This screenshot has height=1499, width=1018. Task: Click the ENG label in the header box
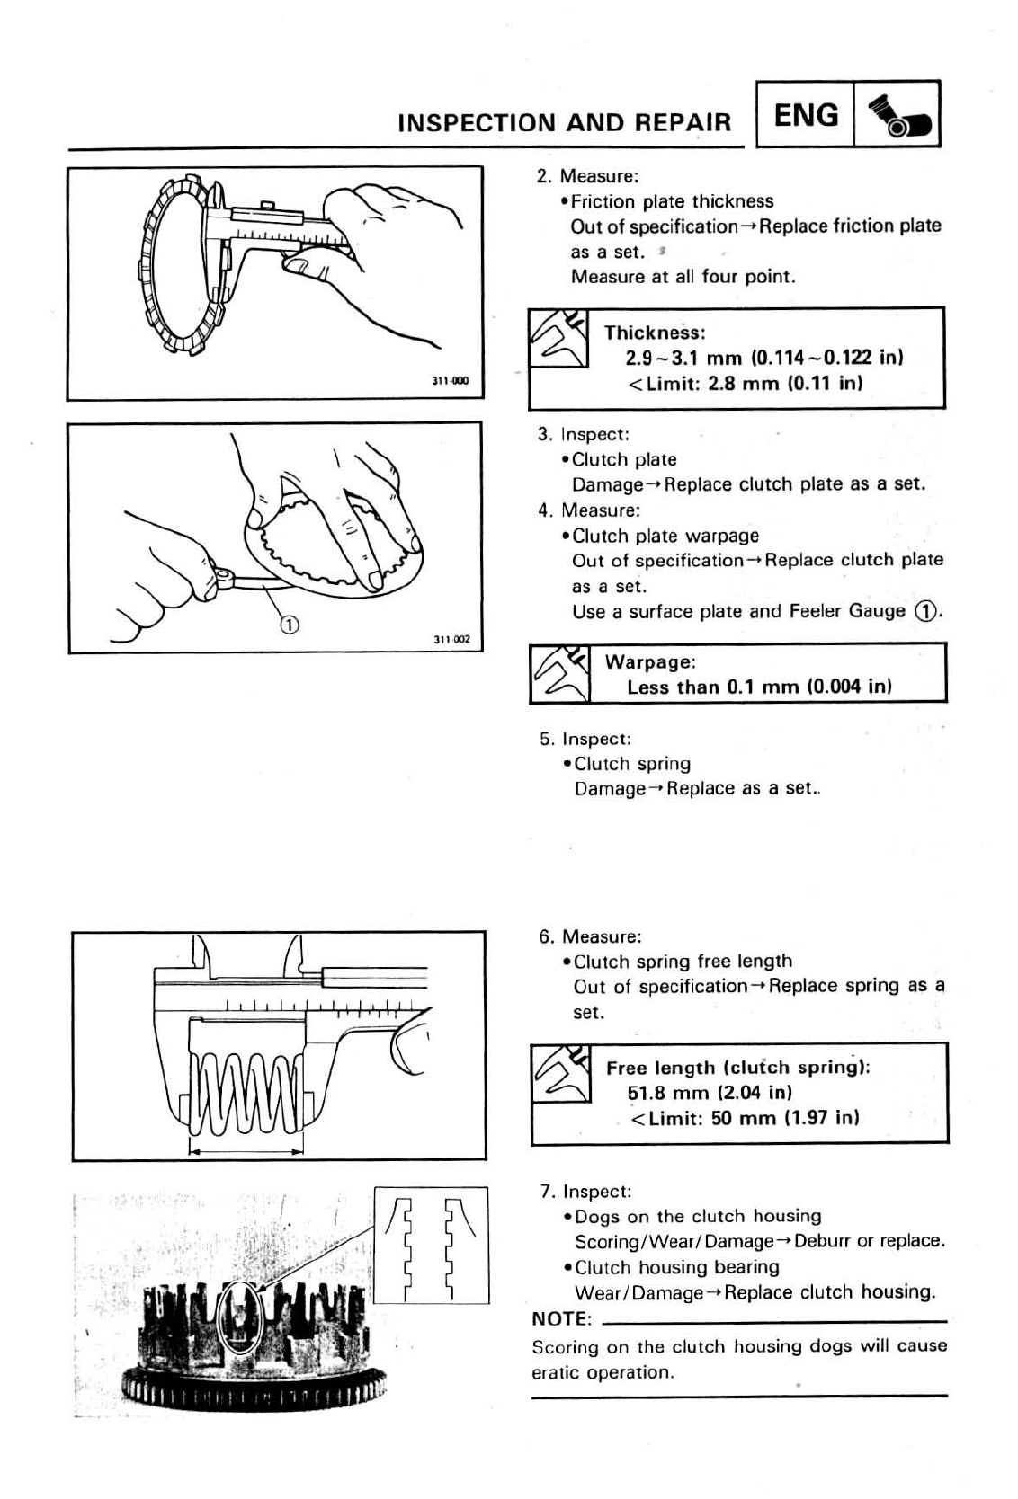806,115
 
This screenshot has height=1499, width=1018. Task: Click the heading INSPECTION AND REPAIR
564,123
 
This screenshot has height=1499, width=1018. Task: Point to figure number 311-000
451,380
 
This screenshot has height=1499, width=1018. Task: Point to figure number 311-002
451,640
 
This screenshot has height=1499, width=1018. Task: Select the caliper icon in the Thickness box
558,337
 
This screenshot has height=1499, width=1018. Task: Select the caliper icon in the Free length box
561,1073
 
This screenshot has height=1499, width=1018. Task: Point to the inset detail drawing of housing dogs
431,1245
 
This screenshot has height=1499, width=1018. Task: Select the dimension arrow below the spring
246,1149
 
